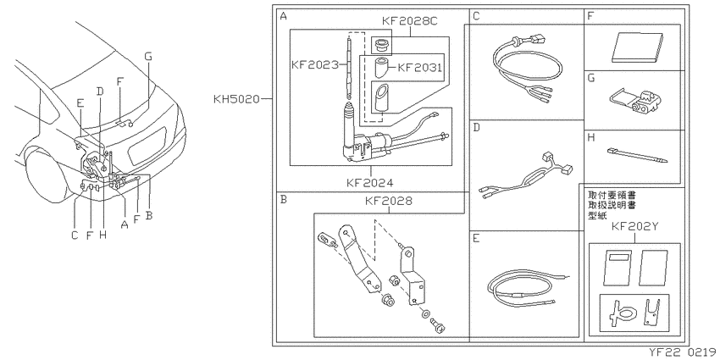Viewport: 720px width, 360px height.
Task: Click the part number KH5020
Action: (x=236, y=99)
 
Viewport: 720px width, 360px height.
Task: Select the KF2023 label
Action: (x=314, y=64)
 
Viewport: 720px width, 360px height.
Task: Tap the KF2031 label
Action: (x=419, y=68)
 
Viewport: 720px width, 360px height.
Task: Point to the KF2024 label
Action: (x=370, y=182)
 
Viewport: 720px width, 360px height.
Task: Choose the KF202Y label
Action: (x=635, y=228)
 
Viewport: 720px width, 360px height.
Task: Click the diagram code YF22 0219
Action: (x=682, y=352)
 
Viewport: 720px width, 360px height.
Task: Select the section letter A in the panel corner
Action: (x=283, y=17)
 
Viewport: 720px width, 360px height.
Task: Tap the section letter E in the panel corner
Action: (x=476, y=238)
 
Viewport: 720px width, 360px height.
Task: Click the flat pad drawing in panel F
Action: (x=637, y=47)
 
